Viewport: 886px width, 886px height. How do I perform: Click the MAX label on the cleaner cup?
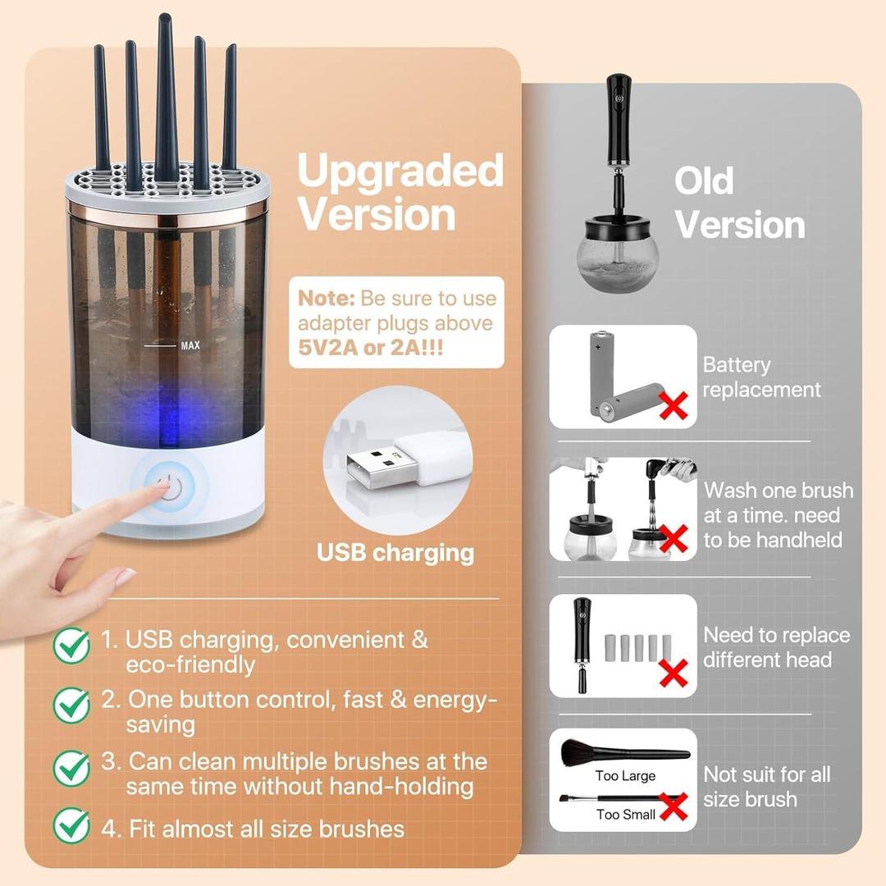click(190, 345)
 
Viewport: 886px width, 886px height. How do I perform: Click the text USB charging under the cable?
click(395, 553)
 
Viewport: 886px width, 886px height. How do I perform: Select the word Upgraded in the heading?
click(400, 171)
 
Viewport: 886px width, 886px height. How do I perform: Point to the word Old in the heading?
click(704, 180)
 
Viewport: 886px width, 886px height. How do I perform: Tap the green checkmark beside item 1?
click(72, 646)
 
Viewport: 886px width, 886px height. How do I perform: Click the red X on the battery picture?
click(674, 404)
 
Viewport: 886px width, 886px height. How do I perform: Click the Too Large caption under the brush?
click(625, 775)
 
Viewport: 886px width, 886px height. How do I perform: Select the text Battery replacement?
click(760, 377)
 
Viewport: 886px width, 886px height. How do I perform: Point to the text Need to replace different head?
click(777, 647)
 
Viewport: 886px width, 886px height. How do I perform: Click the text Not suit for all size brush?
click(766, 787)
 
